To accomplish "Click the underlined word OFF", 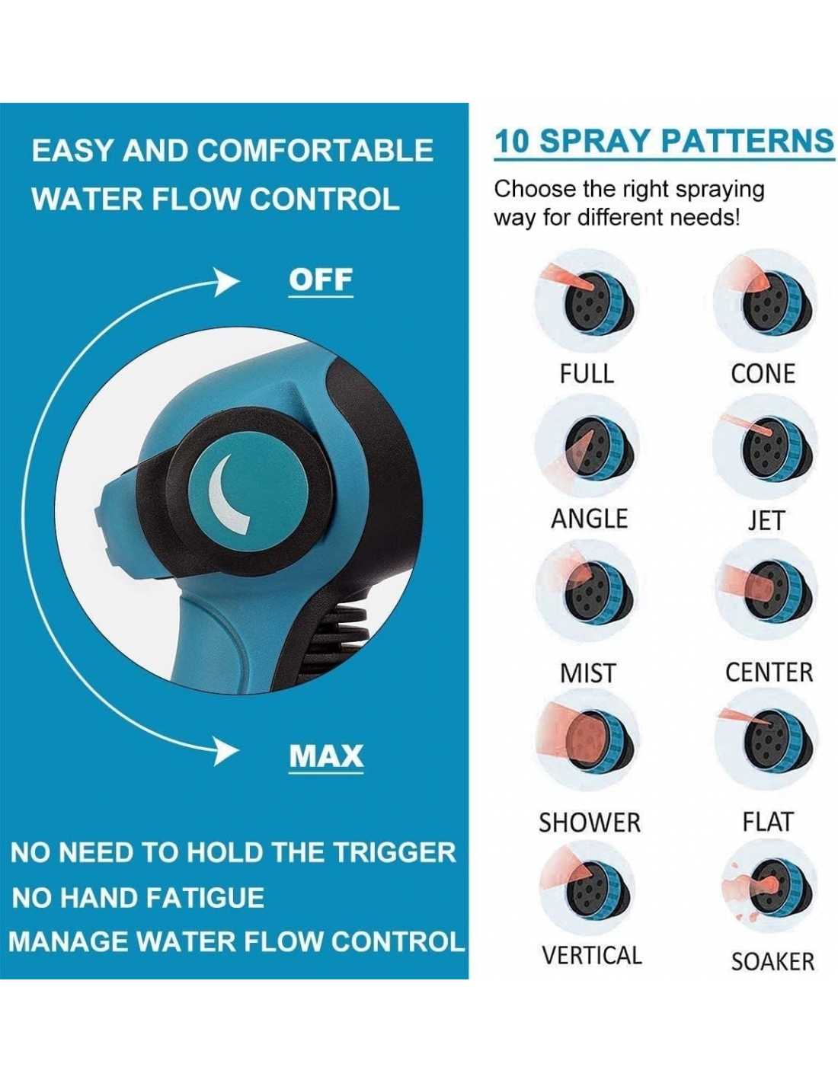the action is (321, 280).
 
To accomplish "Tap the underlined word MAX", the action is (326, 756).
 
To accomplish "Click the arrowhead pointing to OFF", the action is (226, 282).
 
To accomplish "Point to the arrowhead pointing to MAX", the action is (225, 751).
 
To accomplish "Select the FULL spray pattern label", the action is (587, 373).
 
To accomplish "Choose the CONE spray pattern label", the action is (763, 374).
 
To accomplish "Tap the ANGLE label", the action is (589, 519).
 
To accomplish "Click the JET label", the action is (766, 520).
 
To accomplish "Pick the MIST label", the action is (588, 672).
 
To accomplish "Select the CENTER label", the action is (769, 672).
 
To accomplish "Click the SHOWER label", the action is (589, 823).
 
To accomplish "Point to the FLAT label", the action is (767, 822).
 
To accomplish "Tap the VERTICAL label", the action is (592, 955).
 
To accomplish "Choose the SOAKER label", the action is (772, 961).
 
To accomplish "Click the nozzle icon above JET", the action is (766, 448).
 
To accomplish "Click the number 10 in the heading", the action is (511, 141).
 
